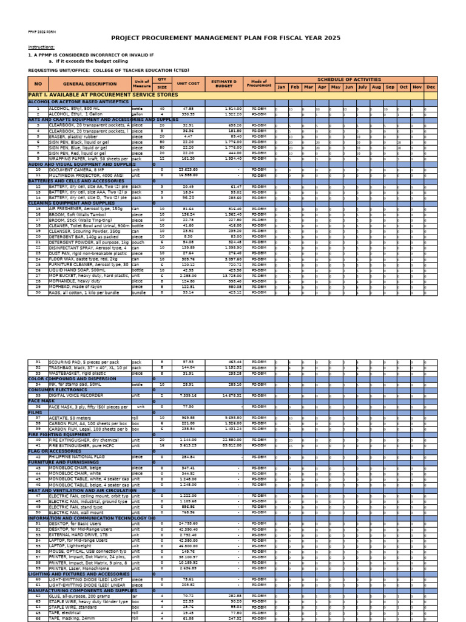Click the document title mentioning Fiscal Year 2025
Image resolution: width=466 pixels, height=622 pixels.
[232, 38]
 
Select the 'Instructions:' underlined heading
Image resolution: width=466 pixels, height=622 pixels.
[41, 47]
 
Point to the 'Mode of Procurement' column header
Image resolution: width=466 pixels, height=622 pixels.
[258, 83]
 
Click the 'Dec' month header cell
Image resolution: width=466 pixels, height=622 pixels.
[431, 87]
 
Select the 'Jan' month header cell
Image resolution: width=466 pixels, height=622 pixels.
[281, 87]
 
